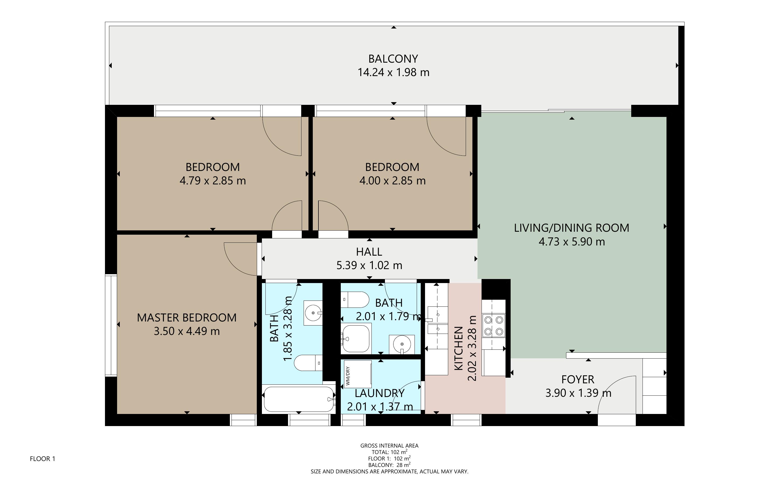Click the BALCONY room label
(x=393, y=59)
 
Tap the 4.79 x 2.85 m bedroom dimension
(x=213, y=181)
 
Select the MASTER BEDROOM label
(x=187, y=317)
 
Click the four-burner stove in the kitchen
(x=494, y=325)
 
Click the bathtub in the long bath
(x=299, y=399)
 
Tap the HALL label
(x=369, y=252)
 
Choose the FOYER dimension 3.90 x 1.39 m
(x=578, y=393)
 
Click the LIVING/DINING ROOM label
(x=571, y=228)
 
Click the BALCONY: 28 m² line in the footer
(x=389, y=465)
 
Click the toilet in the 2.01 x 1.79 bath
(x=355, y=299)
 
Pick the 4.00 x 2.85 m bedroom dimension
(x=392, y=181)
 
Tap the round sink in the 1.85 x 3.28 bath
(x=313, y=312)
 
